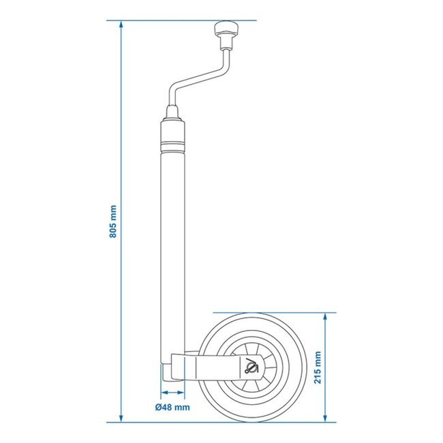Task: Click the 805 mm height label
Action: click(113, 221)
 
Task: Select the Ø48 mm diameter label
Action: click(172, 408)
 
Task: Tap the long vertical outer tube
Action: click(172, 239)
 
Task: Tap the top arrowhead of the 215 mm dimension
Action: click(326, 316)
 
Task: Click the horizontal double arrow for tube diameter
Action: click(172, 394)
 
